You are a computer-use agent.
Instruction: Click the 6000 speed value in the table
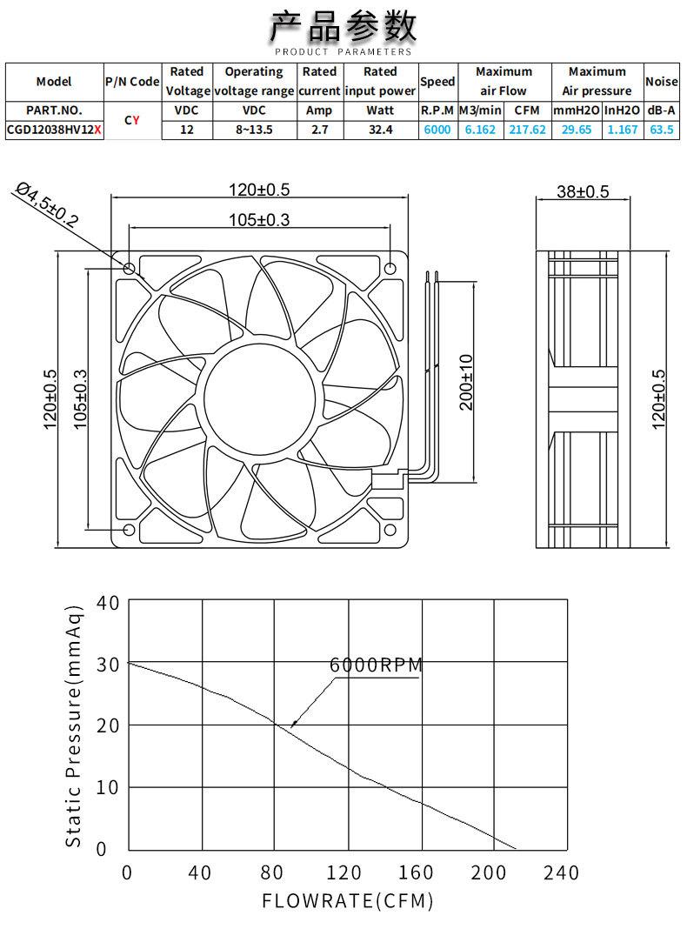437,130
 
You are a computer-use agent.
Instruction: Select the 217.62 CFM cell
527,130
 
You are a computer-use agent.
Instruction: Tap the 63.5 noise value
662,130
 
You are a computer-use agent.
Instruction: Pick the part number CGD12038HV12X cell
54,130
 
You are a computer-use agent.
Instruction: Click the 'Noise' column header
662,81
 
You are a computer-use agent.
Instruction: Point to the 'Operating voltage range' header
254,81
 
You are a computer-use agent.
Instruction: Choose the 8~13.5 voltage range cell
254,130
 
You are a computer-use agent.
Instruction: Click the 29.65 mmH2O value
577,130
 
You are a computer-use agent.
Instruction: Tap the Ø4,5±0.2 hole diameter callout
46,205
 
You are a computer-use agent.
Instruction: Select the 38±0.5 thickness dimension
583,191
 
